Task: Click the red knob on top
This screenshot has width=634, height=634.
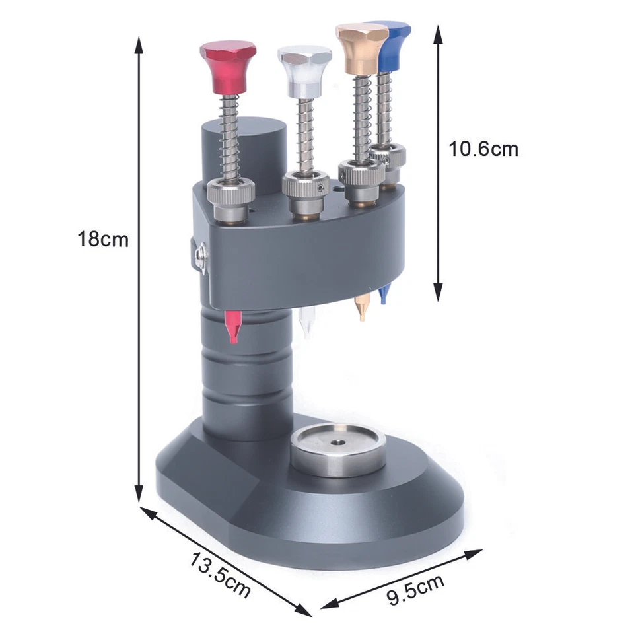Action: tap(227, 66)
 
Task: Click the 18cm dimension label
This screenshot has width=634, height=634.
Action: tap(102, 239)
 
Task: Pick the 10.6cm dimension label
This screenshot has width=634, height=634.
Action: tap(483, 149)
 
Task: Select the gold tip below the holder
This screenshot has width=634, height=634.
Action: tap(361, 307)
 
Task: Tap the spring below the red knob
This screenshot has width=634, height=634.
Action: tap(229, 135)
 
